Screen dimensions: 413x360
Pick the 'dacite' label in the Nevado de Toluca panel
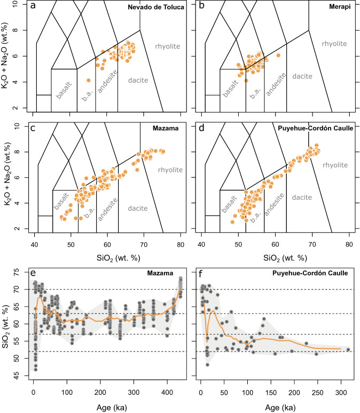138,80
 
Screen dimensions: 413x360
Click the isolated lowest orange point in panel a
89,81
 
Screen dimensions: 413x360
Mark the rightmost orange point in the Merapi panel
278,56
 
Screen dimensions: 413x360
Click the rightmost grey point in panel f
348,350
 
